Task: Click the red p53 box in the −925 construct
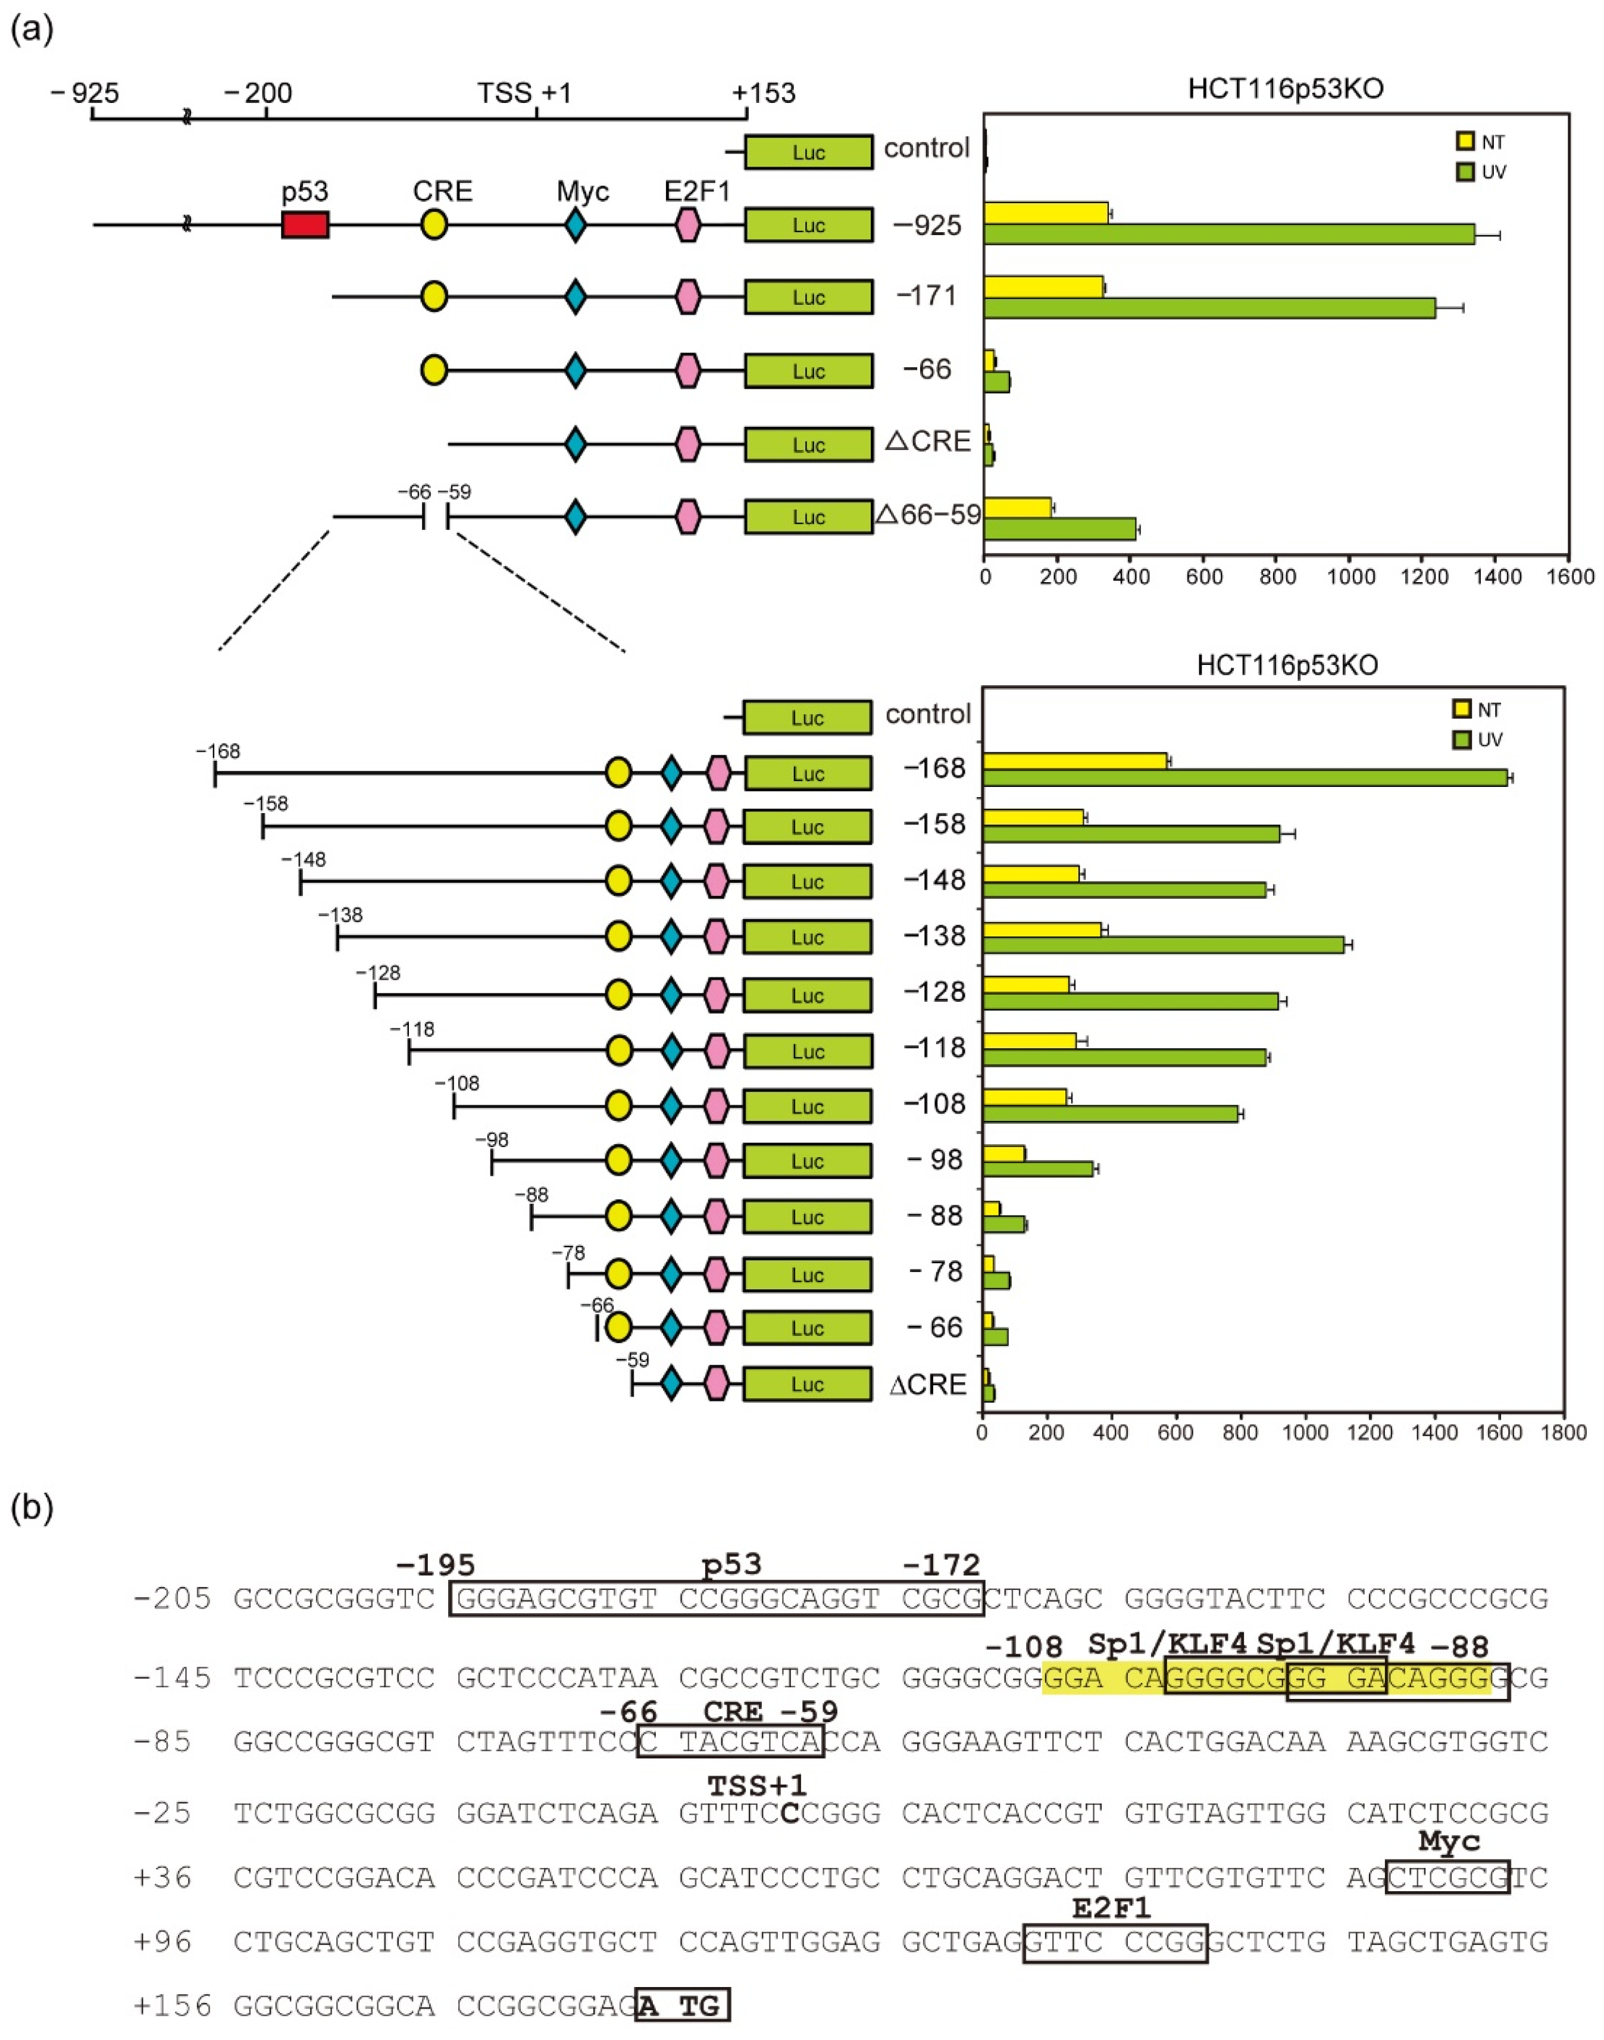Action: [x=305, y=224]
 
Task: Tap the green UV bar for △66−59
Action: [x=1059, y=529]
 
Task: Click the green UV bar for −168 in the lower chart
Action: [x=1245, y=777]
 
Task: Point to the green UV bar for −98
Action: [x=1038, y=1169]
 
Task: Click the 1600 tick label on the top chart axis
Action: [x=1568, y=577]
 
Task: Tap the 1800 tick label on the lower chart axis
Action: [x=1564, y=1433]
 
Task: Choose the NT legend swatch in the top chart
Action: [x=1464, y=142]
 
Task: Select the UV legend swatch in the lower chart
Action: [x=1461, y=740]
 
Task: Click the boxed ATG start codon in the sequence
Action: [x=683, y=2006]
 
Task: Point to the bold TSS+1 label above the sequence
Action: [x=756, y=1785]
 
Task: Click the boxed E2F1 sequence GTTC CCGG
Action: [x=1115, y=1941]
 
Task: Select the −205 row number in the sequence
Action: [x=173, y=1598]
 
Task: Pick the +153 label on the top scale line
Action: [x=764, y=93]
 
